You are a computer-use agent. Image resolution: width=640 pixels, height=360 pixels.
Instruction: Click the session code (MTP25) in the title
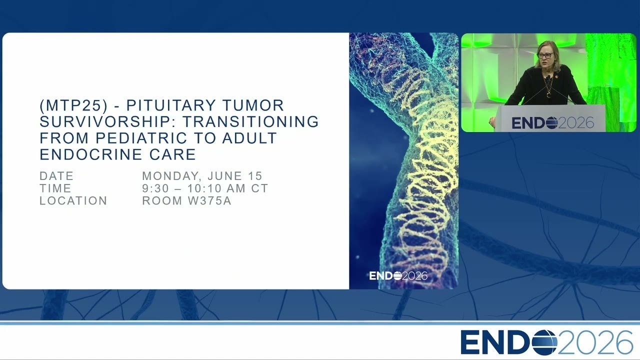tap(73, 105)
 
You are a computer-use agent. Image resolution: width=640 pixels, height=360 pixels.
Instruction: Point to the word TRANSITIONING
tap(250, 121)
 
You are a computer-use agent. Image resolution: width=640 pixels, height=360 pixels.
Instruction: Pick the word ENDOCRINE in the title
tap(91, 154)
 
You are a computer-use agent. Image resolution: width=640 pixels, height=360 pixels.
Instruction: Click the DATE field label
tap(56, 176)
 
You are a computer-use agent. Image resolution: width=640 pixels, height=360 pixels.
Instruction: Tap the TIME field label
tap(55, 188)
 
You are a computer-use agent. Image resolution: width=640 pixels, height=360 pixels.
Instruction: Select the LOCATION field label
tap(73, 201)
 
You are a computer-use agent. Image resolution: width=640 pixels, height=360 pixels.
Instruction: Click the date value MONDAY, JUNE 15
tap(202, 176)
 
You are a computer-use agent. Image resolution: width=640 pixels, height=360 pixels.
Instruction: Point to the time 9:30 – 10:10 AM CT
tap(205, 188)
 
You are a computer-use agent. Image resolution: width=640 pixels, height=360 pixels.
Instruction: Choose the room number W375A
tap(209, 201)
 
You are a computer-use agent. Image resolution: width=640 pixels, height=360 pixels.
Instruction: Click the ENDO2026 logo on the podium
tap(553, 123)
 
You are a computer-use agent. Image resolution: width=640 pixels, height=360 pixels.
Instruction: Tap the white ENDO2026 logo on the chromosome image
tap(398, 276)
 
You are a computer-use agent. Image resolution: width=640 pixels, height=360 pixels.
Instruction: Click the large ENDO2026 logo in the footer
tap(547, 342)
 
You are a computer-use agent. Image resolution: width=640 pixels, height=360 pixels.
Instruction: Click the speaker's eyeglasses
tap(545, 55)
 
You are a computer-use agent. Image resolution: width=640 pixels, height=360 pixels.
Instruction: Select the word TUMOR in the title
tap(253, 105)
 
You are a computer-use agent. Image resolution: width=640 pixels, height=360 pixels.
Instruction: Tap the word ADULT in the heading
tap(249, 138)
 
